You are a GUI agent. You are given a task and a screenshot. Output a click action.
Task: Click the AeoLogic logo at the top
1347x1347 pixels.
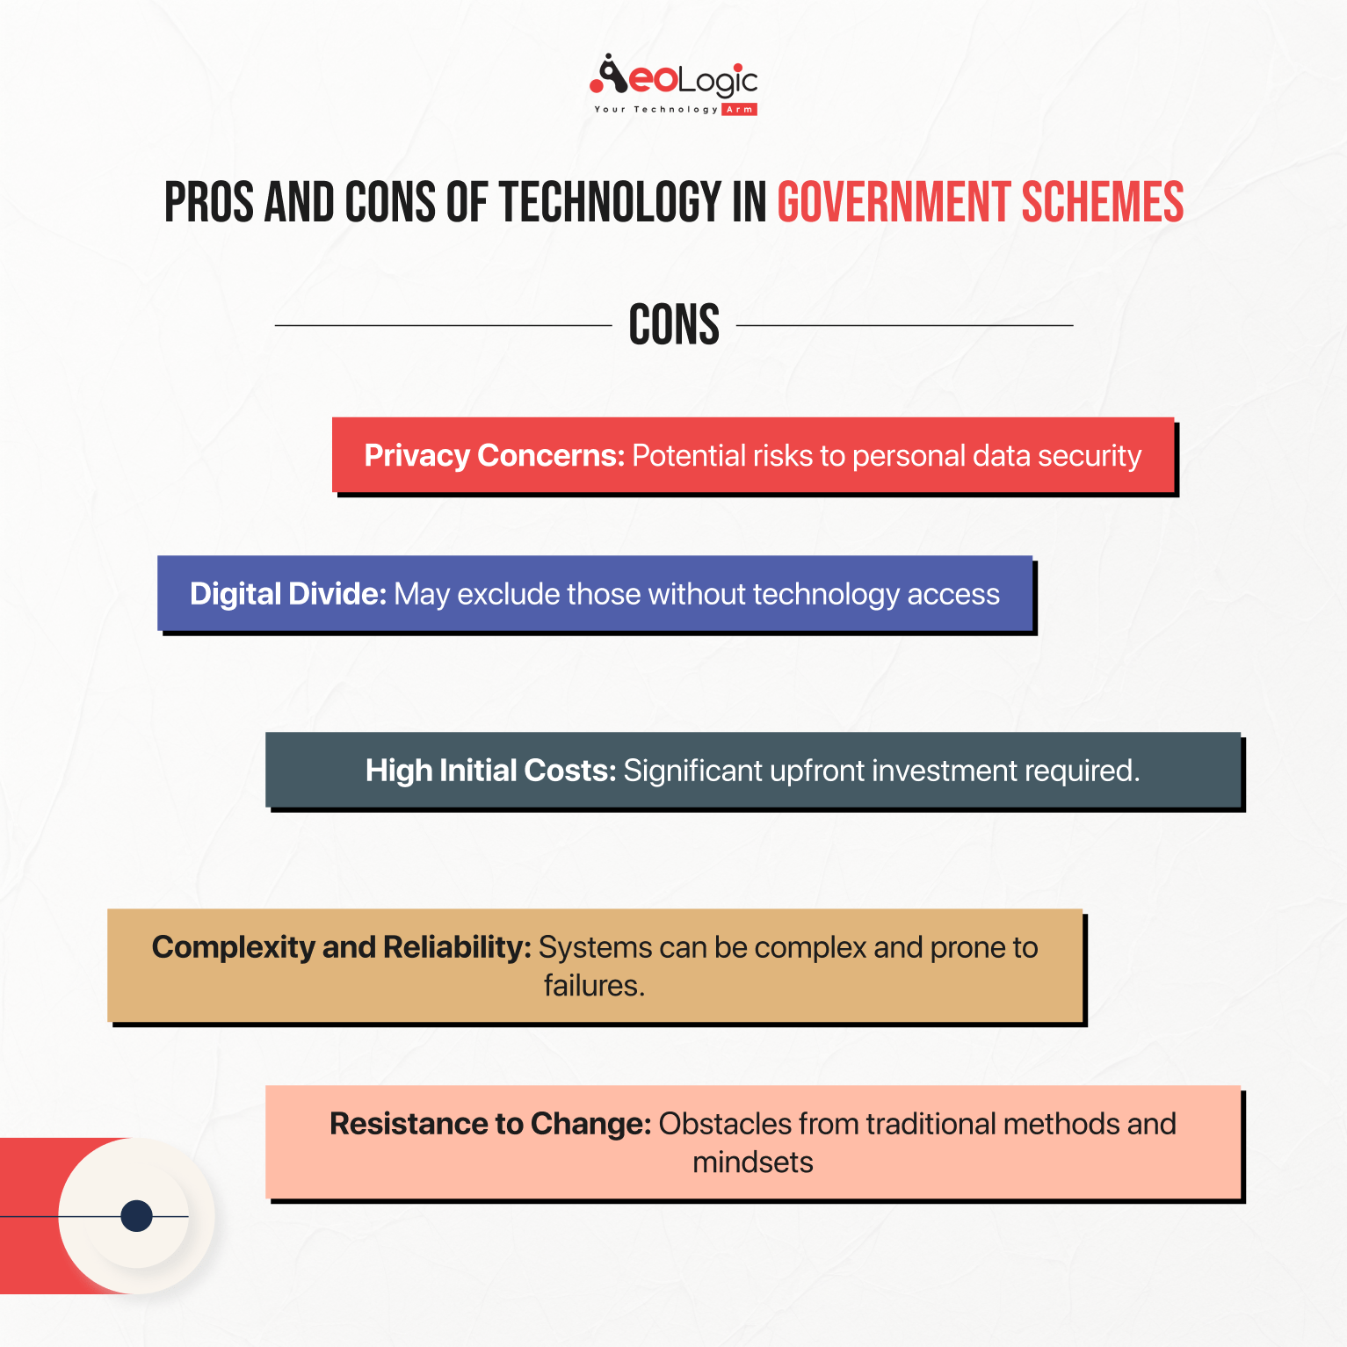(674, 84)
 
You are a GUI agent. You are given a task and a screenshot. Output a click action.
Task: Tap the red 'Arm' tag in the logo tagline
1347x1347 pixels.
(740, 110)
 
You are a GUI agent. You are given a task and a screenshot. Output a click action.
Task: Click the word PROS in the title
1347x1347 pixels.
(209, 203)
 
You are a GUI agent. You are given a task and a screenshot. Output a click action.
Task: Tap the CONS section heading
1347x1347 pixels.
(674, 325)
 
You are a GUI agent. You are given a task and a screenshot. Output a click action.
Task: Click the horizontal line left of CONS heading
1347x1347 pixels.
(444, 325)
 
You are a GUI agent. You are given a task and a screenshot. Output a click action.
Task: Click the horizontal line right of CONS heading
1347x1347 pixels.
(905, 325)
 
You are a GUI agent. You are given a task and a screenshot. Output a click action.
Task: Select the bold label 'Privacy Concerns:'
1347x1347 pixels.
(495, 456)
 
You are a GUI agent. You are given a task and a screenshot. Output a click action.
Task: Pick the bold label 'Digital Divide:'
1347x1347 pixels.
(288, 594)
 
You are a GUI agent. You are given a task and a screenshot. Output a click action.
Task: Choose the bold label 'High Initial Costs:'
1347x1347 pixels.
(491, 771)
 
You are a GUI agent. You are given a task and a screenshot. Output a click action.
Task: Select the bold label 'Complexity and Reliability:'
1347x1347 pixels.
(342, 947)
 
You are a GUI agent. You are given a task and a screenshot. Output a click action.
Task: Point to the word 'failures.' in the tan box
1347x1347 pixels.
(595, 986)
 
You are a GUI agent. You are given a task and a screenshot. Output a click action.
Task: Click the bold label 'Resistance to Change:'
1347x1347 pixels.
(490, 1124)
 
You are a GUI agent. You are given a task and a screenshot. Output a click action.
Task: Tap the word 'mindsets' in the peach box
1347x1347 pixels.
(753, 1162)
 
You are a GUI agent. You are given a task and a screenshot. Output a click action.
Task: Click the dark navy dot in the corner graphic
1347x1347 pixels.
(136, 1216)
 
